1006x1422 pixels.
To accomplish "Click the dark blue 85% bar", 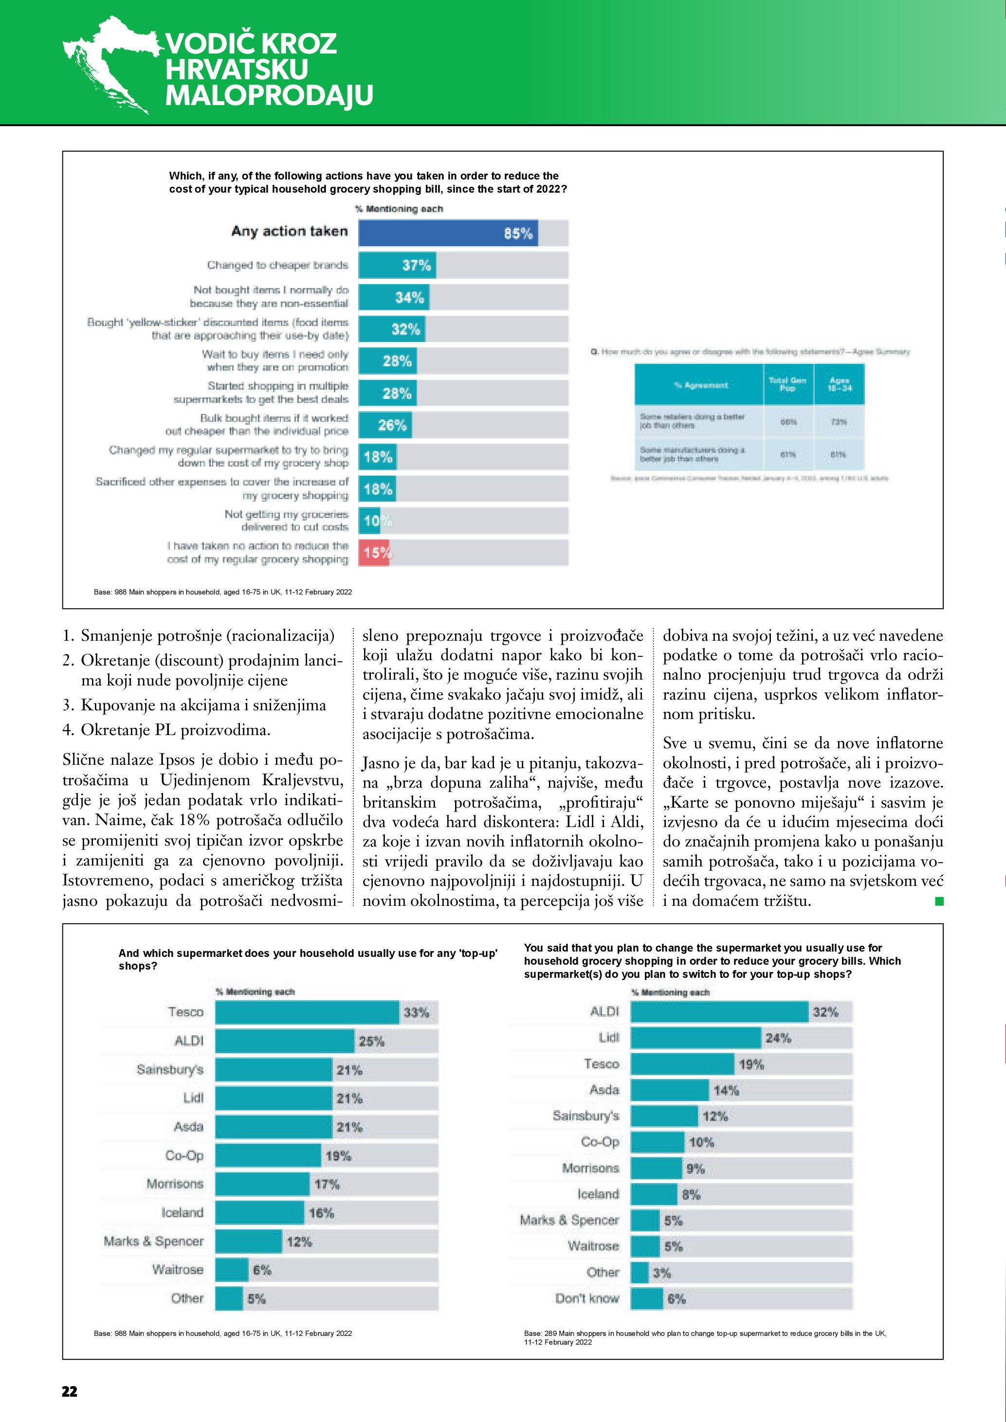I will [447, 233].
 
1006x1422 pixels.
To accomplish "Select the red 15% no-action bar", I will [374, 553].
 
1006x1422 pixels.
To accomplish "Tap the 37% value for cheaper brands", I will [416, 265].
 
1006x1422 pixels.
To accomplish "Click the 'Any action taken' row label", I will [289, 232].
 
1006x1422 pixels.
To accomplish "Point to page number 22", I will [70, 1391].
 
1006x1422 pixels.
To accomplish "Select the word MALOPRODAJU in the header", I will [269, 95].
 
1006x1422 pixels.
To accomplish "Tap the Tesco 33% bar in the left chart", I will [307, 1012].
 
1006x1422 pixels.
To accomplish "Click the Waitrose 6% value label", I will [262, 1270].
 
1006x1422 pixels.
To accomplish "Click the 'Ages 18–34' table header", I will [840, 384].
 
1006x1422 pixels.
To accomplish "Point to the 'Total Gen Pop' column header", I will [787, 384].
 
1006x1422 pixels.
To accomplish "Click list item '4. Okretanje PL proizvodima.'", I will [166, 730].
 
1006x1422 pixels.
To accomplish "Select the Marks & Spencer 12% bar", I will [248, 1241].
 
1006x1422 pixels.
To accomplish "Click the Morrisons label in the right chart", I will [590, 1168].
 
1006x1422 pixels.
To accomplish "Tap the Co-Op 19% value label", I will [338, 1156].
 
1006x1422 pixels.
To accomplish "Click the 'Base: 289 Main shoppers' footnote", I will [704, 1337].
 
